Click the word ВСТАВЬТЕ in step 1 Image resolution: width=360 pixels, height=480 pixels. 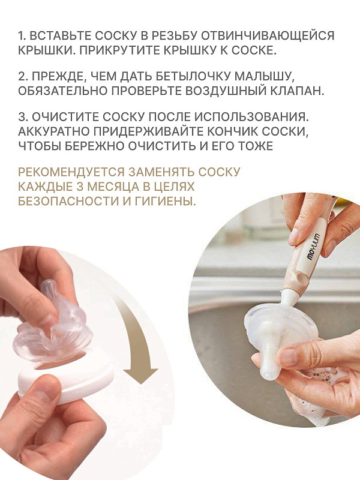pyautogui.click(x=59, y=36)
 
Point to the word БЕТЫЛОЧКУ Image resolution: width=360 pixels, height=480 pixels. pyautogui.click(x=192, y=76)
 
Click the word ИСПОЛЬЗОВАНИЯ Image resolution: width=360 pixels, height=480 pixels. pyautogui.click(x=251, y=117)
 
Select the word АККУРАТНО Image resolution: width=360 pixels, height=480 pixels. pyautogui.click(x=53, y=131)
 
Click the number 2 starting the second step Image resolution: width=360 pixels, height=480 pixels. pyautogui.click(x=21, y=76)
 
